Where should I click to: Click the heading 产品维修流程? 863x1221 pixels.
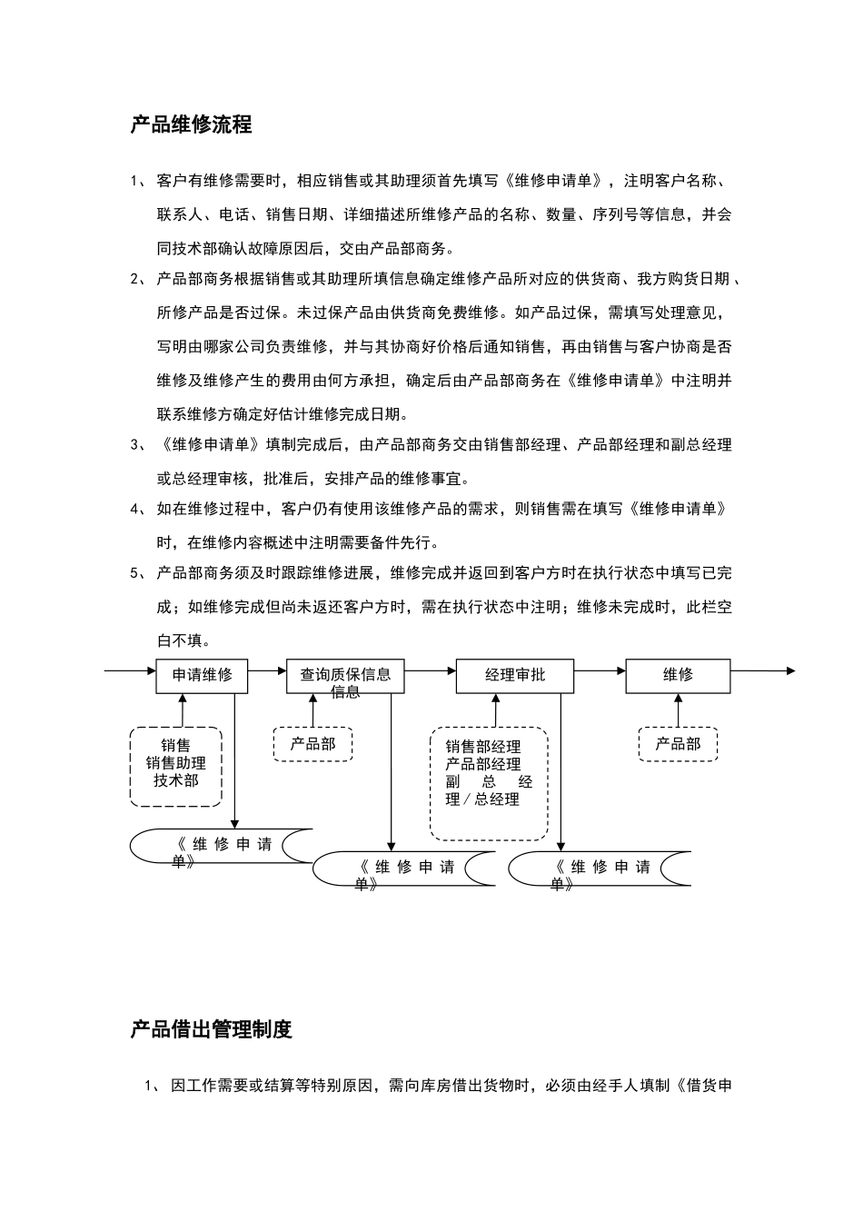tap(191, 124)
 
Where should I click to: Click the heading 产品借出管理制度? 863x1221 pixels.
tap(211, 1029)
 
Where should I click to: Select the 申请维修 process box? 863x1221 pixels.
tap(202, 675)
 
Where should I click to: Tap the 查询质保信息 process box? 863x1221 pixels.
tap(345, 675)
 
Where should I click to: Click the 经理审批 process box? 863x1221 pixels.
tap(515, 675)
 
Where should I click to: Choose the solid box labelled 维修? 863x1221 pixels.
tap(678, 675)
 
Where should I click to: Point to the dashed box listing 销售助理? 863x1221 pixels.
tap(176, 766)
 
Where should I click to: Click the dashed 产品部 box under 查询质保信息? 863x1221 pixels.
tap(312, 744)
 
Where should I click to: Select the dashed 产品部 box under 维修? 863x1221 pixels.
tap(678, 744)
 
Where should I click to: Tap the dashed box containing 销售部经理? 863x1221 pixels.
tap(489, 783)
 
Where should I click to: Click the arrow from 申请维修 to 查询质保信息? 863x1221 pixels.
tap(267, 670)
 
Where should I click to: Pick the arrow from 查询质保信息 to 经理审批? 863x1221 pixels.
tap(431, 670)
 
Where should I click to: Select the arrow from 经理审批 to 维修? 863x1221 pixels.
tap(600, 670)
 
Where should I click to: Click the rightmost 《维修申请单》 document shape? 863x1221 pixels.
tap(600, 869)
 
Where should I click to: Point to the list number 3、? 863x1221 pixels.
tap(138, 445)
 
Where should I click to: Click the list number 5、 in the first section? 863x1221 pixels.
tap(138, 573)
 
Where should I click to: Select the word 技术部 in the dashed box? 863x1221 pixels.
tap(176, 780)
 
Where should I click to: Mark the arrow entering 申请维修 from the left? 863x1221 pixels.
tap(130, 670)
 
